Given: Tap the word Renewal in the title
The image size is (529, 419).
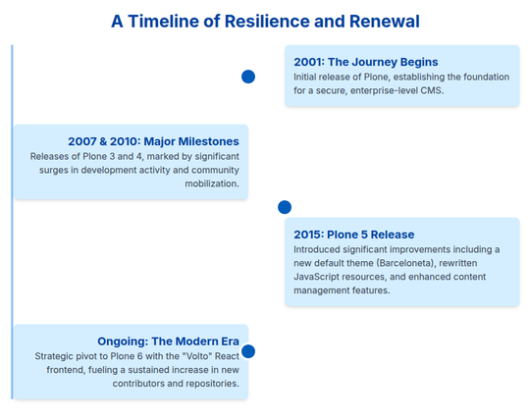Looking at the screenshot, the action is coord(385,22).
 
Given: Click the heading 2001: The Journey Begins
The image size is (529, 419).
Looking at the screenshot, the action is coord(366,62).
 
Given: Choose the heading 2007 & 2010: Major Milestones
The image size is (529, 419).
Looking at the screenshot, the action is coord(153,141).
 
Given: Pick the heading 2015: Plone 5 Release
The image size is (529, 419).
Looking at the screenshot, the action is coord(354,235).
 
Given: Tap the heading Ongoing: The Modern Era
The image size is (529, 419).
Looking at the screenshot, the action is coord(168,341).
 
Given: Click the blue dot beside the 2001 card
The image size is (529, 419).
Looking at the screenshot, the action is coord(248,77).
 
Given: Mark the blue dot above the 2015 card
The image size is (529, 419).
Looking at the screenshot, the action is coord(285,207).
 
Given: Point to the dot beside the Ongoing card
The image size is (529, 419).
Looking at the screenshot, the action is coord(248,351).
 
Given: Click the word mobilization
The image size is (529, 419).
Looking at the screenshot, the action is coord(212,183).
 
